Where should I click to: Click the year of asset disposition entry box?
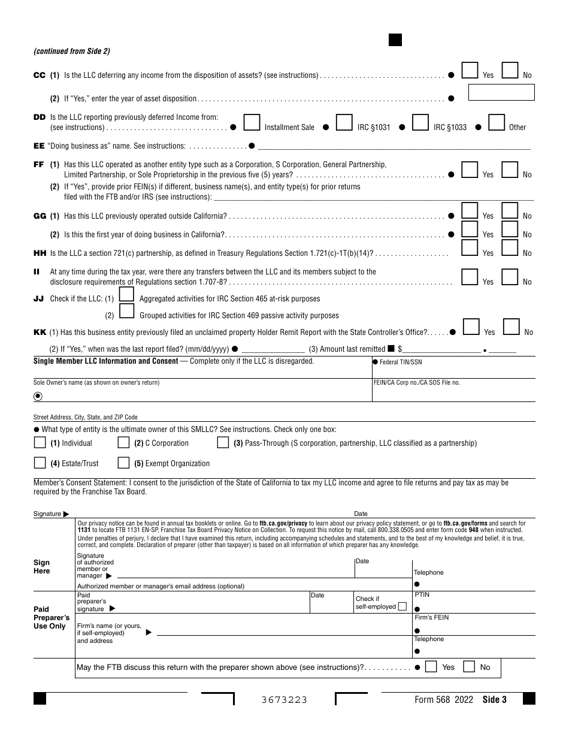(x=501, y=92)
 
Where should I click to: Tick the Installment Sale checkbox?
(x=252, y=123)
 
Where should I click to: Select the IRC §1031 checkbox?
(x=344, y=123)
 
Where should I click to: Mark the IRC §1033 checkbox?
(x=420, y=123)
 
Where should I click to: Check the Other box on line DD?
(x=497, y=123)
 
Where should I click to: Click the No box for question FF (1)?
(x=510, y=170)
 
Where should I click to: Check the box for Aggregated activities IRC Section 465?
(x=126, y=294)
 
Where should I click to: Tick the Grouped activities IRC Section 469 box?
(x=126, y=311)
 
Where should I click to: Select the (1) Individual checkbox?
(x=40, y=443)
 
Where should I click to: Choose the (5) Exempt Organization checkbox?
(x=123, y=463)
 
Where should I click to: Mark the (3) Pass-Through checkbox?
(x=223, y=443)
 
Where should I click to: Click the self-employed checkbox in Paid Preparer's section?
(x=402, y=606)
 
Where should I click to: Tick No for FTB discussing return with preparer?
(x=470, y=667)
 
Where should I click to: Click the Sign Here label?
(x=42, y=567)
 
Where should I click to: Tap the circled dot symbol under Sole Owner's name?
(x=38, y=396)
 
